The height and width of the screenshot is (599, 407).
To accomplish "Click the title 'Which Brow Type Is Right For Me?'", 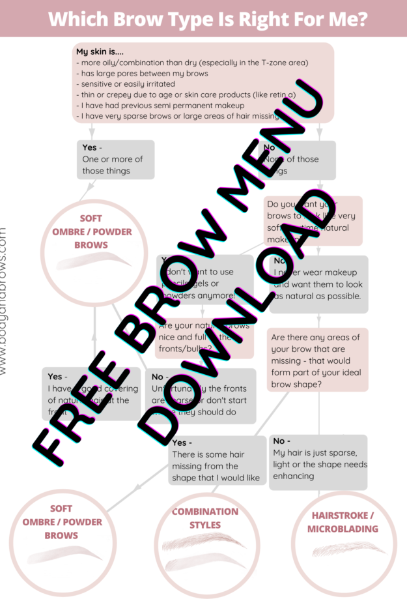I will (x=207, y=19).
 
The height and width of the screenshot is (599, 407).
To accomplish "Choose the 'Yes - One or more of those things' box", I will (x=115, y=160).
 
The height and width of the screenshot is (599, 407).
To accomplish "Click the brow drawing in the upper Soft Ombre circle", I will (x=93, y=262).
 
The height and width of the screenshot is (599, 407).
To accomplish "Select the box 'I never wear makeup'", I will (x=318, y=284).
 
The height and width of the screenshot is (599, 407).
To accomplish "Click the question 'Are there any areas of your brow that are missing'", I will (x=316, y=360).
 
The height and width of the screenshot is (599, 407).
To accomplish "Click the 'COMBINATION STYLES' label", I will (x=204, y=518).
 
